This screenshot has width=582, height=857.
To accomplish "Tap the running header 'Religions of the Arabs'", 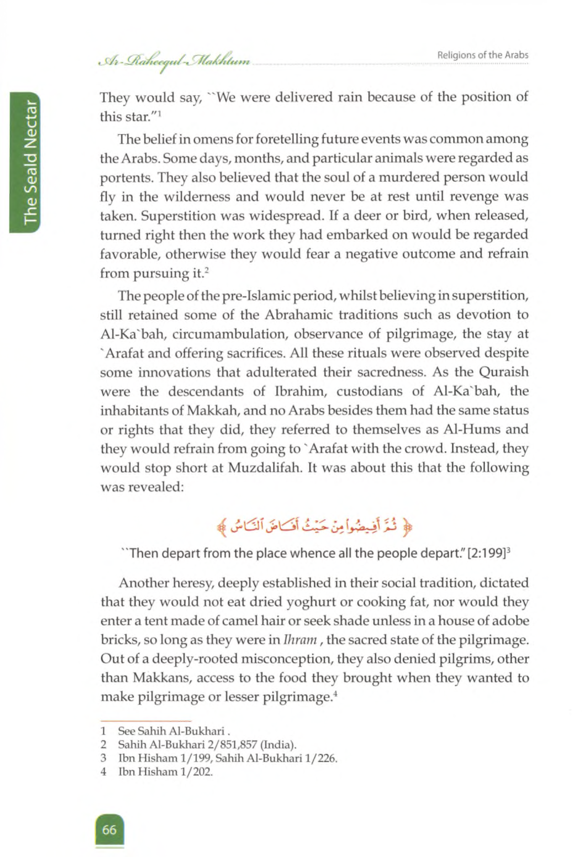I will (482, 55).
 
